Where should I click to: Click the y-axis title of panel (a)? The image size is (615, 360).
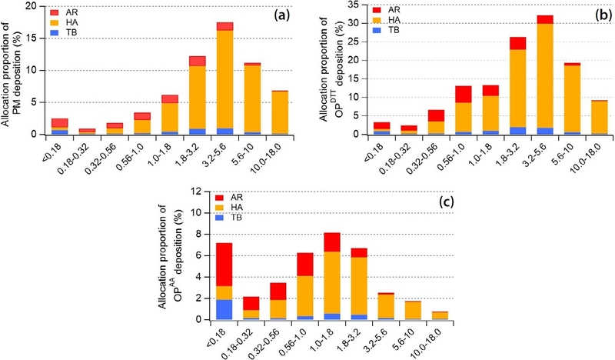pyautogui.click(x=11, y=71)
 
